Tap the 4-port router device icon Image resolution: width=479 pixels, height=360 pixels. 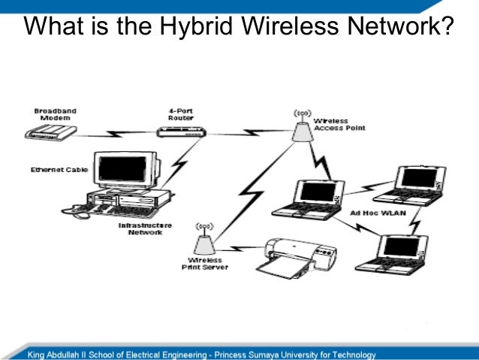point(181,132)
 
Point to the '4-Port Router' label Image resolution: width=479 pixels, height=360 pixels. point(181,114)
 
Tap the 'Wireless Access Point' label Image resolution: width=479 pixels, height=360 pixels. point(339,124)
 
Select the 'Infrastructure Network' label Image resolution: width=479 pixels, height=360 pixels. point(145,228)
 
